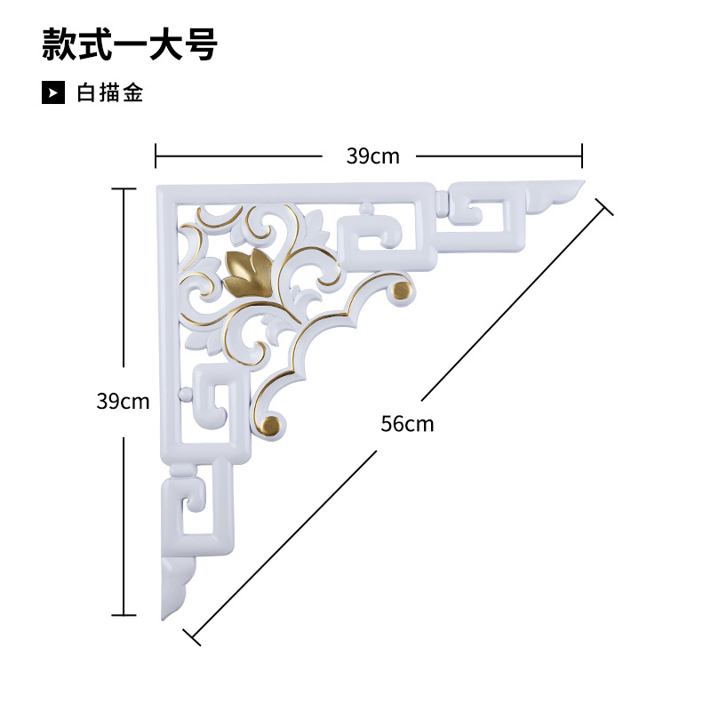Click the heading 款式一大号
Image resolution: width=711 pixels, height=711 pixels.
(x=130, y=45)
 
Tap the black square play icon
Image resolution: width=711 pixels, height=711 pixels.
(x=53, y=92)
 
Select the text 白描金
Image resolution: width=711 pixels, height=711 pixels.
(x=111, y=92)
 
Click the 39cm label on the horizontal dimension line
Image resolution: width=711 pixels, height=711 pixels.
(x=372, y=156)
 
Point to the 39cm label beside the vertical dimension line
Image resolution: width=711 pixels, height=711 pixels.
(x=123, y=401)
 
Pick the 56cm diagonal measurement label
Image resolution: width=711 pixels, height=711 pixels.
(x=407, y=423)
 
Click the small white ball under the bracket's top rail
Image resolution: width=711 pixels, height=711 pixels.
(x=363, y=210)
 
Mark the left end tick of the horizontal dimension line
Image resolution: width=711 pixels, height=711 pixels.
(x=156, y=156)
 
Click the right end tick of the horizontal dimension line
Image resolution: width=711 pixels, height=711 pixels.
(x=582, y=156)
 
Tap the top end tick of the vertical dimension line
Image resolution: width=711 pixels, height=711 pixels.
(x=124, y=188)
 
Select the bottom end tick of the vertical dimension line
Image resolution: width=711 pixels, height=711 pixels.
(x=124, y=614)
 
